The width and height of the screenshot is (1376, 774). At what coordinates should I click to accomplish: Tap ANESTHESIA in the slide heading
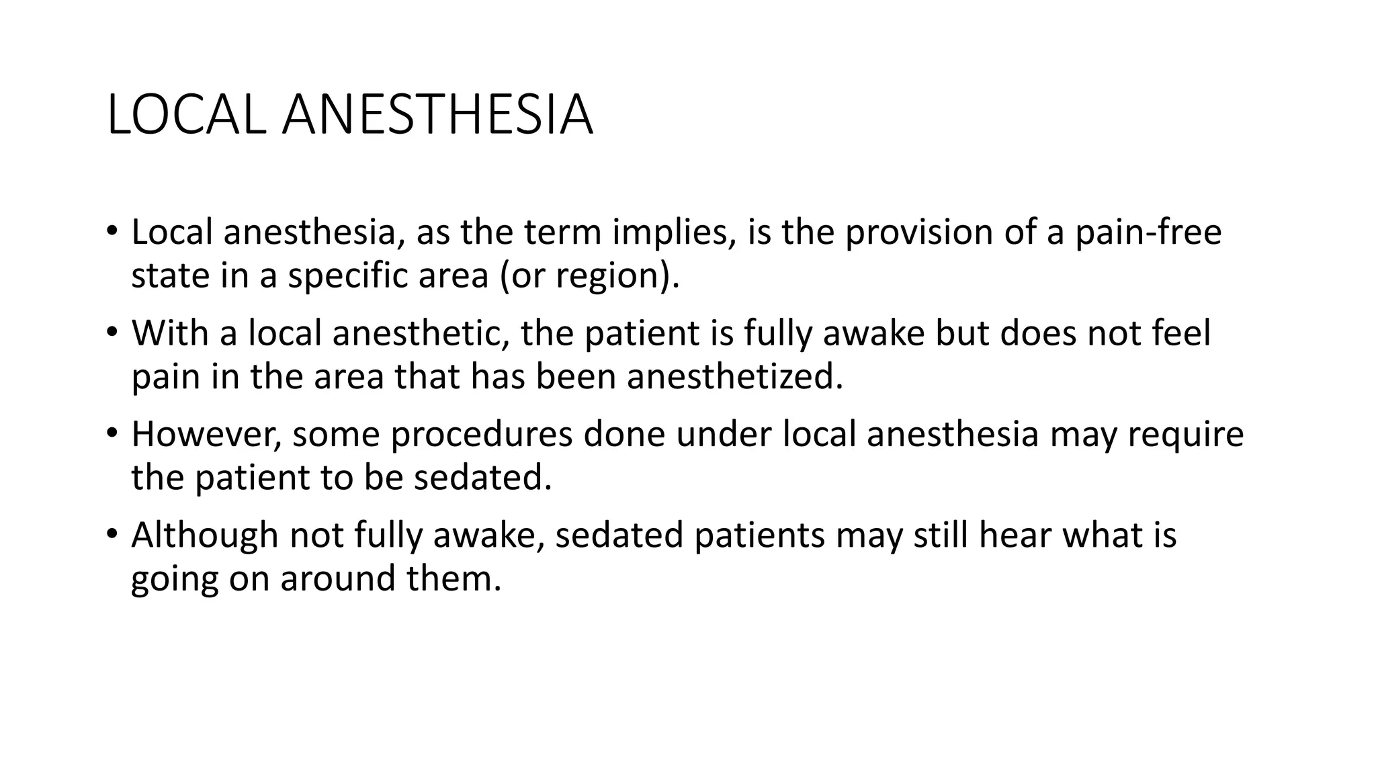point(437,116)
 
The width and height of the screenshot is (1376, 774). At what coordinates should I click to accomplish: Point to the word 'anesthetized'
point(734,377)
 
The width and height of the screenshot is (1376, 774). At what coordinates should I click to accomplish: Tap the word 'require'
point(1185,435)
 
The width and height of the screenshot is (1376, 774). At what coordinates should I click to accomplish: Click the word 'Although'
point(204,535)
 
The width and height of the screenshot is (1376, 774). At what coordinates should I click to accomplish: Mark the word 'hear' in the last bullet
point(1015,535)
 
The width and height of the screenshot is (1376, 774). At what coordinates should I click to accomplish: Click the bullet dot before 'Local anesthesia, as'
point(112,232)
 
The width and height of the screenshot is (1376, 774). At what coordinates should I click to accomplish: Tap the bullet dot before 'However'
point(112,433)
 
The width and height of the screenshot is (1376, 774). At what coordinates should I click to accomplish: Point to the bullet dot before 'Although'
point(112,535)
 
